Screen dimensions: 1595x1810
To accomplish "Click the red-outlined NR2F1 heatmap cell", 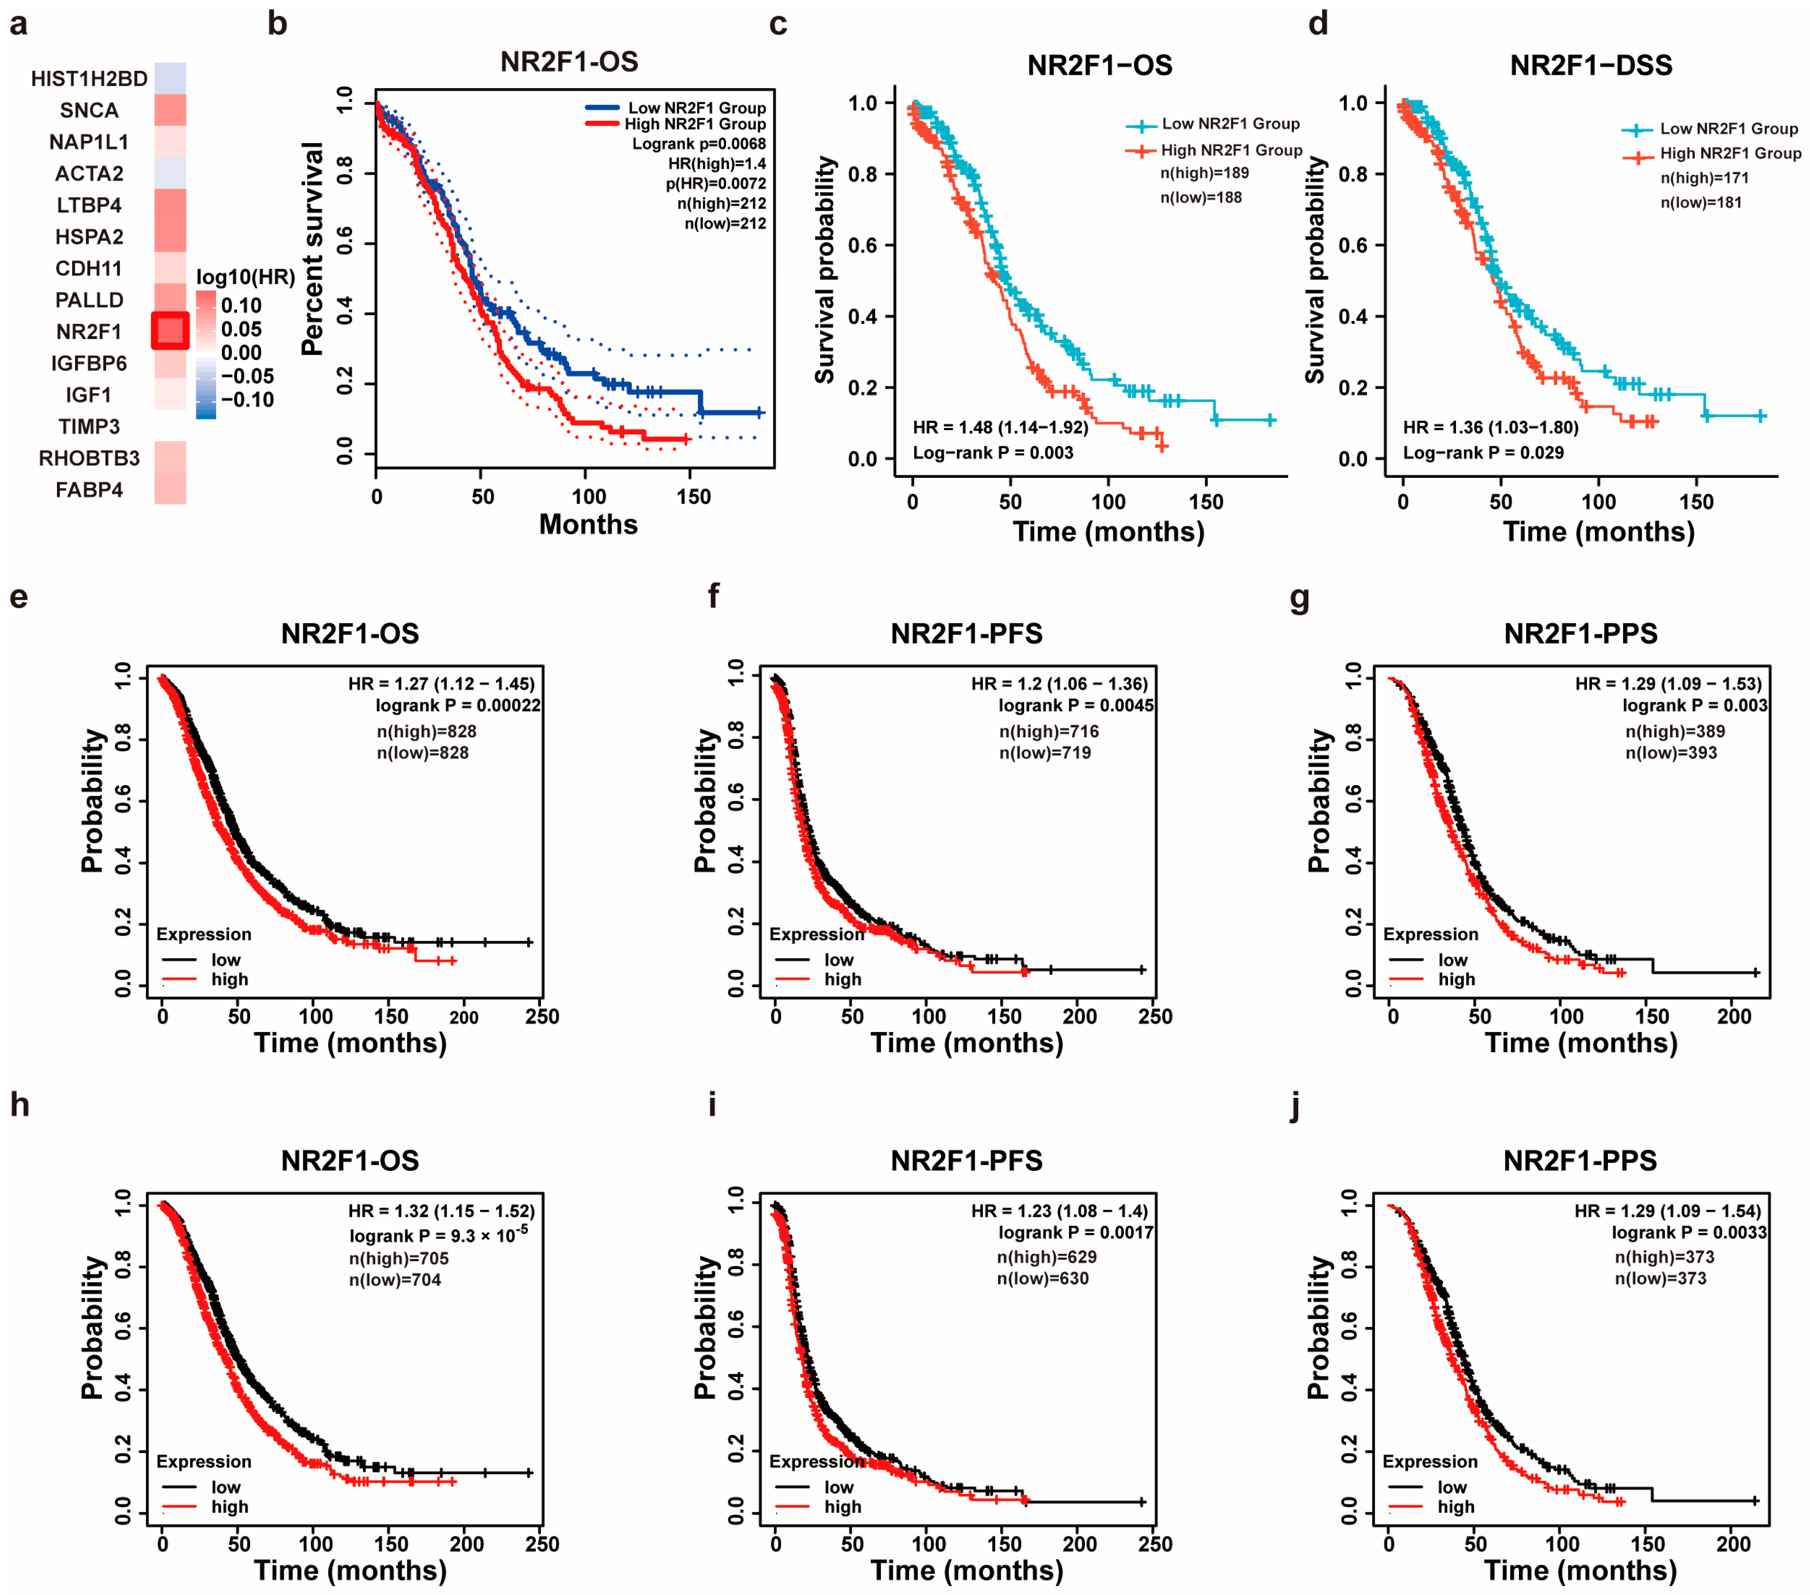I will point(170,331).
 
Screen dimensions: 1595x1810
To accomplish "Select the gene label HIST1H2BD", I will point(89,79).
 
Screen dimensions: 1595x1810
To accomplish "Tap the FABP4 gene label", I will point(89,490).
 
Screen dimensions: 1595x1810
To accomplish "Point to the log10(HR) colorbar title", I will point(245,277).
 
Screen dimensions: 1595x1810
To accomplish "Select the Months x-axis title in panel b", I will point(588,524).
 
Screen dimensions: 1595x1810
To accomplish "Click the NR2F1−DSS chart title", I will point(1590,65).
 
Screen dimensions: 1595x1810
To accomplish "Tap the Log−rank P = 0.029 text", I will point(1483,452).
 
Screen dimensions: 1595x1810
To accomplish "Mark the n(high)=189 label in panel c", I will point(1204,173).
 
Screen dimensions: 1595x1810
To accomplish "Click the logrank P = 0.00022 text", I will point(458,706).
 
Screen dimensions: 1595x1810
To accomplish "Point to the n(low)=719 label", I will point(1045,753).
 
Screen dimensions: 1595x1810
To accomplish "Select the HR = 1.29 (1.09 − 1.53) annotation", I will point(1668,684).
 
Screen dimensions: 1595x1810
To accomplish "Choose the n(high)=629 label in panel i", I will point(1047,1257).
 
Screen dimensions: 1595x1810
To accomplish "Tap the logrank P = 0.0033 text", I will point(1688,1233).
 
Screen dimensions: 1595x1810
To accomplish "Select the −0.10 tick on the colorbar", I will point(247,399).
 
